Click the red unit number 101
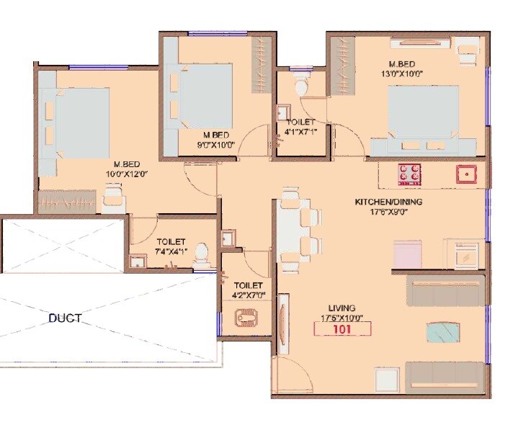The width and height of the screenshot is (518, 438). pos(342,329)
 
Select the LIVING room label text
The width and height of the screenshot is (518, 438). pos(342,308)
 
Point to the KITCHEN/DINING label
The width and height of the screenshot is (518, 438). pos(388,202)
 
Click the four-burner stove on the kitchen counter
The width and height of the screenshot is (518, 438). pos(411,173)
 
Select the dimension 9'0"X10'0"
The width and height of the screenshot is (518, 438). pos(215,144)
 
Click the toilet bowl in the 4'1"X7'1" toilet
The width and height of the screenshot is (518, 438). pos(302,86)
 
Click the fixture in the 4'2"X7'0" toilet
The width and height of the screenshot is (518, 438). pos(246,317)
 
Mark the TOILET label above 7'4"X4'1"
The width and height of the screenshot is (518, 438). pos(171,241)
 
